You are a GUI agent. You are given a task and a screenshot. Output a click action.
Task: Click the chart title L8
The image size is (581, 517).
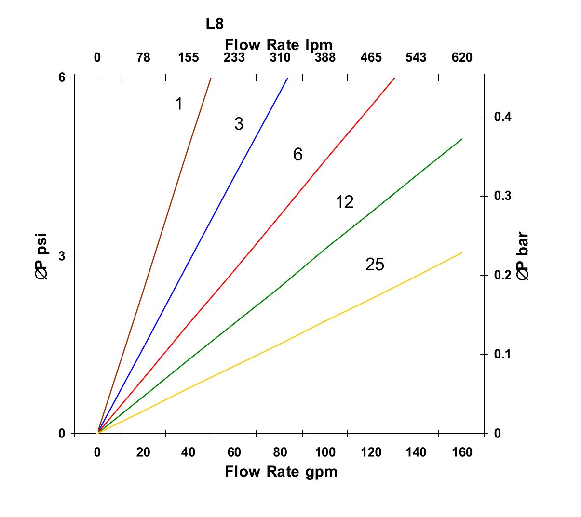pyautogui.click(x=215, y=24)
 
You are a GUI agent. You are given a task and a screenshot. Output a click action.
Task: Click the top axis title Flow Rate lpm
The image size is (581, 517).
pyautogui.click(x=279, y=45)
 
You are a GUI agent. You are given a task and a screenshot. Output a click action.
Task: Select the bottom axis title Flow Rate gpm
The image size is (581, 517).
pyautogui.click(x=281, y=471)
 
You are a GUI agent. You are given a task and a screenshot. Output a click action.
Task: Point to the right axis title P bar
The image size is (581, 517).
pyautogui.click(x=523, y=256)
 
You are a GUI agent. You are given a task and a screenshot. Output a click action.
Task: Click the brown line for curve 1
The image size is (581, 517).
pyautogui.click(x=154, y=255)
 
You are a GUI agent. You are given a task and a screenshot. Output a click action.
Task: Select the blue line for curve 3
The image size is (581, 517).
pyautogui.click(x=193, y=255)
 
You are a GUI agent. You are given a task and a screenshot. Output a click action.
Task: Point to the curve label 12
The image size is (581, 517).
pyautogui.click(x=344, y=202)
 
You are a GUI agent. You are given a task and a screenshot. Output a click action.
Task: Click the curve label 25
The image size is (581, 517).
pyautogui.click(x=375, y=265)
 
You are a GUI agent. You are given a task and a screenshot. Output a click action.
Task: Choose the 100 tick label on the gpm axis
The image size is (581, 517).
pyautogui.click(x=325, y=452)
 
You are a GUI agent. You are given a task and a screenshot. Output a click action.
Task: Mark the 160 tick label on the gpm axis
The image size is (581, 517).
pyautogui.click(x=462, y=452)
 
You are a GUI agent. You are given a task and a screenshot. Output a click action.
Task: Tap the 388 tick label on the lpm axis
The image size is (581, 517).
pyautogui.click(x=325, y=58)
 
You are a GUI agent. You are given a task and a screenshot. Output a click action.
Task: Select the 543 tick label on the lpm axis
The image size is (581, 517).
pyautogui.click(x=416, y=58)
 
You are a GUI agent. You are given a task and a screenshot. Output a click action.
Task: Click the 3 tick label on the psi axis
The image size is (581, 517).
pyautogui.click(x=62, y=256)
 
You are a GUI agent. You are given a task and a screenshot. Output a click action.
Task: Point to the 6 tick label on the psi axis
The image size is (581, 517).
pyautogui.click(x=62, y=78)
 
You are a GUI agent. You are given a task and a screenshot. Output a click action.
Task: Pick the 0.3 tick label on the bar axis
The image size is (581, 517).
pyautogui.click(x=503, y=196)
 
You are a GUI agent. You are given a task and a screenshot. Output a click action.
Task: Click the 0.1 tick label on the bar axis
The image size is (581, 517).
pyautogui.click(x=503, y=355)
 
